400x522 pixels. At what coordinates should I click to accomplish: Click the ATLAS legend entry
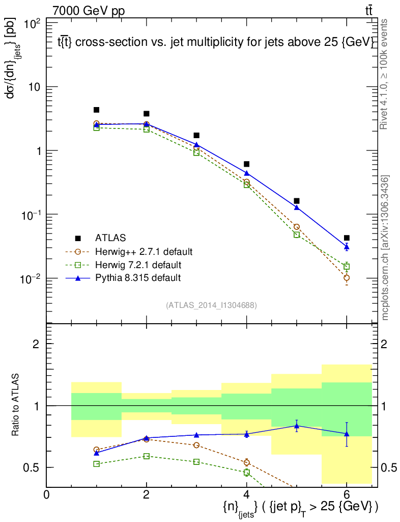click(x=110, y=238)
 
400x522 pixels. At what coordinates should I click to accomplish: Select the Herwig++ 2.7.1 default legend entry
click(x=143, y=251)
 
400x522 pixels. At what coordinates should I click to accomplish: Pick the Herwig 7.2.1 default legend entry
click(x=138, y=265)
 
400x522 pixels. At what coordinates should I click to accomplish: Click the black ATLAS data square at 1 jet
click(x=96, y=110)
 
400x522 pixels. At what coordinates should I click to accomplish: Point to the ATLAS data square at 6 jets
click(x=347, y=238)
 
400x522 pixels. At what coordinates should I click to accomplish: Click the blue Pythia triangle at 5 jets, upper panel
click(x=297, y=207)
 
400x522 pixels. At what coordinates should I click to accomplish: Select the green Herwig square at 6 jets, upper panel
click(x=347, y=267)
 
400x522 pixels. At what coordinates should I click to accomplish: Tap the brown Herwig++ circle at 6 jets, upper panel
click(x=347, y=278)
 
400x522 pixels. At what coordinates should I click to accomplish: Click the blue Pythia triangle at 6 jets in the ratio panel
click(x=347, y=434)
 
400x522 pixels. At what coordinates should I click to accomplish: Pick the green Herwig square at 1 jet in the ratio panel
click(x=96, y=464)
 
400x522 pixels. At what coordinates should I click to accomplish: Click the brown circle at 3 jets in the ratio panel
click(x=196, y=445)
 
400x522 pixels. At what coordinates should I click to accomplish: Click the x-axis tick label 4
click(x=246, y=494)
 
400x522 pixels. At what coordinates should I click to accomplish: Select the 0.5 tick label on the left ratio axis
click(x=32, y=467)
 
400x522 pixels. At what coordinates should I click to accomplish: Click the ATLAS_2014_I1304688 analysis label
click(x=211, y=305)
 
